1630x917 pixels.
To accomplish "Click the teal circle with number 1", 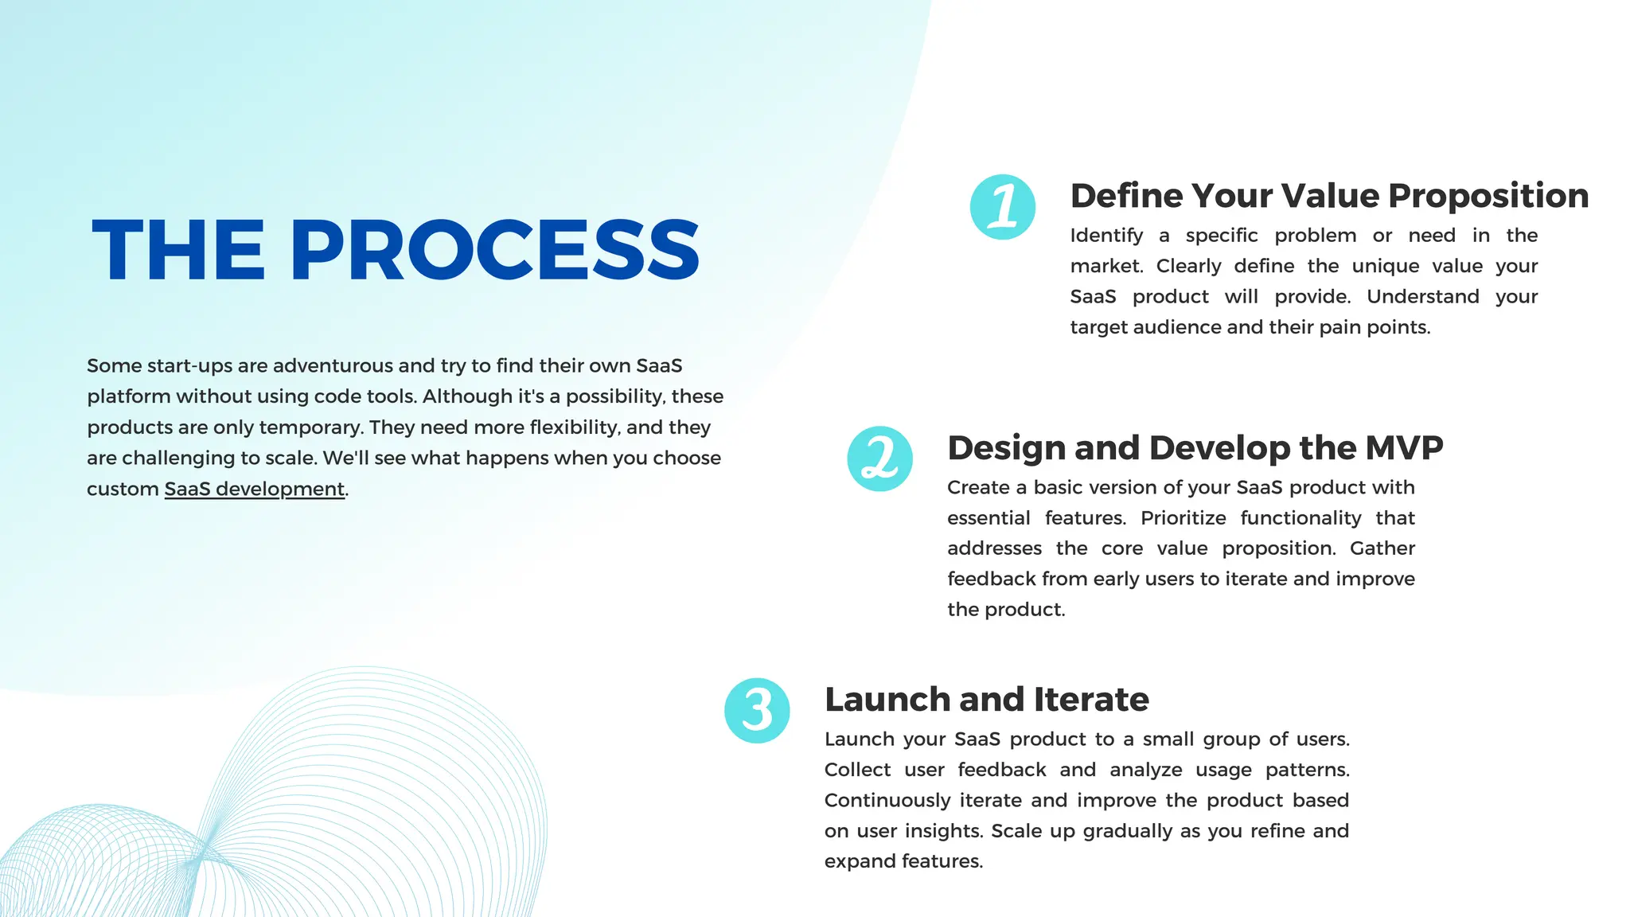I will click(x=1002, y=207).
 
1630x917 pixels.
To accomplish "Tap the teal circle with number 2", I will click(x=879, y=458).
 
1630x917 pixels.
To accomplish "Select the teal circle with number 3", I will click(x=757, y=710).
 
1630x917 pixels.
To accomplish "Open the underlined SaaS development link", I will click(x=254, y=489).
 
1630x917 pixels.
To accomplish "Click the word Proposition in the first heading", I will click(x=1488, y=196).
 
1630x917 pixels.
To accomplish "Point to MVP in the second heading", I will click(x=1404, y=447).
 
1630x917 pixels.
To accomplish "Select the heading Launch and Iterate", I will click(x=986, y=699).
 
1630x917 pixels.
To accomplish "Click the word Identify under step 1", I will click(x=1106, y=236).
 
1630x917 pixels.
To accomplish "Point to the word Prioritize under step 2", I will click(x=1183, y=518).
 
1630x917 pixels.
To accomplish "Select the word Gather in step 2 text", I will click(x=1382, y=548).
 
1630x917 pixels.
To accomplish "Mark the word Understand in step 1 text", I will click(x=1422, y=297).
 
